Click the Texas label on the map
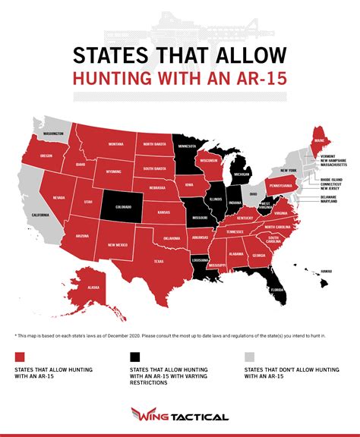[159, 260]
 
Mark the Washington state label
[52, 134]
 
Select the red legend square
[19, 357]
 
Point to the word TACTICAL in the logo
[201, 417]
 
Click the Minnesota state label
[187, 147]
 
